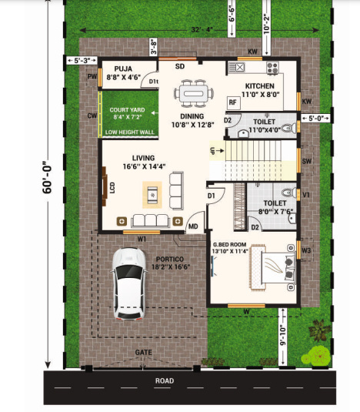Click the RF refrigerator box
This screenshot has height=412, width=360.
tap(232, 102)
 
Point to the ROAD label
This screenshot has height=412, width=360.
tap(163, 380)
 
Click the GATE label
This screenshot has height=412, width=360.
tap(144, 352)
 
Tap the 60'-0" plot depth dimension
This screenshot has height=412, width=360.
tap(47, 186)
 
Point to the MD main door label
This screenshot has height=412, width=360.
tap(192, 226)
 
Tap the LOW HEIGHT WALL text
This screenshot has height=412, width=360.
tap(128, 132)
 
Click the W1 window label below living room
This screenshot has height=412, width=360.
tap(142, 239)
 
